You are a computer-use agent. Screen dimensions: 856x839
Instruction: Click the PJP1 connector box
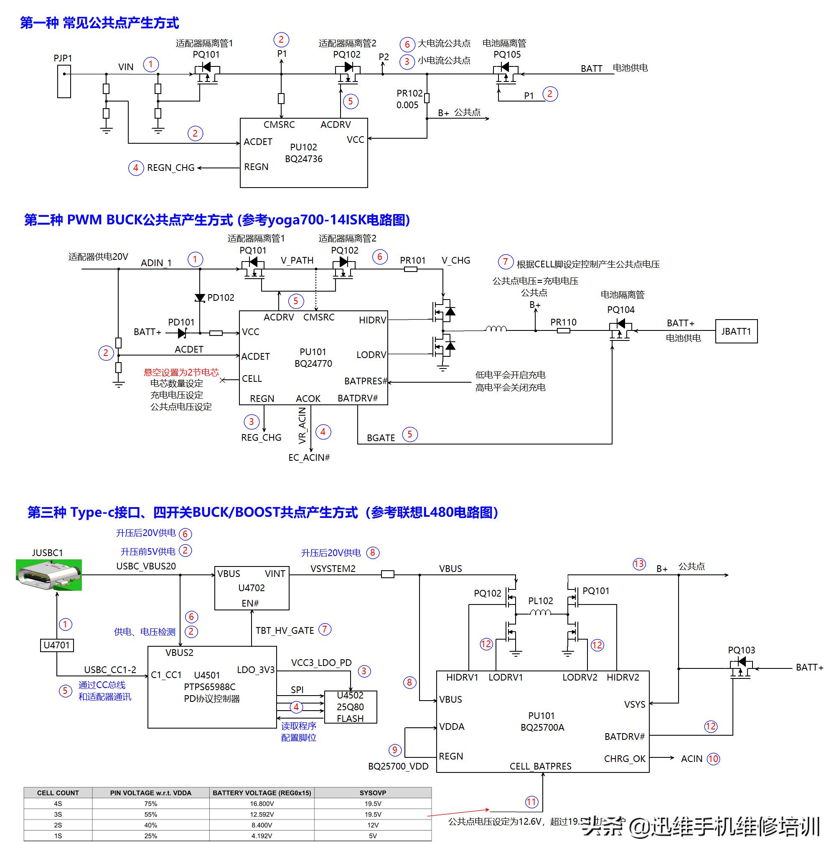pos(64,82)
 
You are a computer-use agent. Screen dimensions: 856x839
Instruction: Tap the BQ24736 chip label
pos(304,159)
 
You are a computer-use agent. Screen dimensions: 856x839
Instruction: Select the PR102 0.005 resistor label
pos(409,99)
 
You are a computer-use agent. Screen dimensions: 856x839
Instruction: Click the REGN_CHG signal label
pos(170,168)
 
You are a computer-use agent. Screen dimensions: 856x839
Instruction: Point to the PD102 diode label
pos(220,298)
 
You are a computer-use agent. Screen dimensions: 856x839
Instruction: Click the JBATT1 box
pos(736,331)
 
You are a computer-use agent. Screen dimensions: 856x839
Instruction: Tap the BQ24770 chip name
pos(313,364)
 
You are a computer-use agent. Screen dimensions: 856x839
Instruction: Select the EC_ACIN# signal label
pos(309,458)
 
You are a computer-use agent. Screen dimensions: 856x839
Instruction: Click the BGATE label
pos(381,438)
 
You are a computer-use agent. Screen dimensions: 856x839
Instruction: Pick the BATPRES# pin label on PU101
pos(365,381)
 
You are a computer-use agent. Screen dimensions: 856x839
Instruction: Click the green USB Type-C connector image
pos(49,575)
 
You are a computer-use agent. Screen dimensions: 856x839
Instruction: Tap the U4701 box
pos(57,645)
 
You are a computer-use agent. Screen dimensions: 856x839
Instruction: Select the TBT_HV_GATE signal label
pos(285,631)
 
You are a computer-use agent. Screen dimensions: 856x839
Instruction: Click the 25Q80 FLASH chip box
pos(350,707)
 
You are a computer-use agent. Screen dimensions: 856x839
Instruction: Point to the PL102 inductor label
pos(540,601)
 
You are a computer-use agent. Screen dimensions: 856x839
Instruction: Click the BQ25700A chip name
pos(542,727)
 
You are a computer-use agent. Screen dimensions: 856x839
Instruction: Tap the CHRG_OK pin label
pos(624,759)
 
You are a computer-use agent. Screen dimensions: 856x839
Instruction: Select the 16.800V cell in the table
pos(262,804)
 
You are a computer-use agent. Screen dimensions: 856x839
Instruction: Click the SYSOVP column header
pos(373,793)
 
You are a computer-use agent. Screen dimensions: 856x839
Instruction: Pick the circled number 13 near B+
pos(639,564)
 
